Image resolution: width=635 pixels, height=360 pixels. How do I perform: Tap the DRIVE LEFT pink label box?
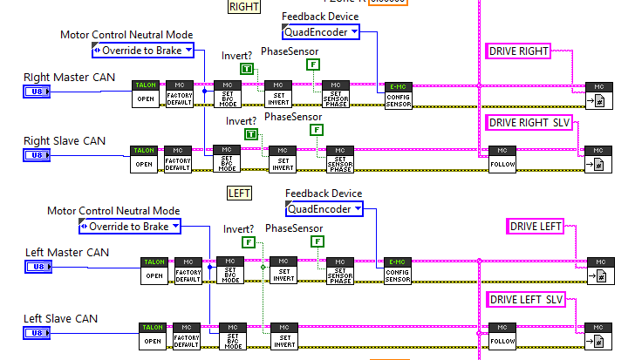536,228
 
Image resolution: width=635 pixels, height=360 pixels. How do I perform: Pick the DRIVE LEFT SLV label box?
527,300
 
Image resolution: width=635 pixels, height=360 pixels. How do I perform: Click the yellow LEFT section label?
239,193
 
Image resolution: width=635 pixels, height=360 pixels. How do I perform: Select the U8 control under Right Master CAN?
38,92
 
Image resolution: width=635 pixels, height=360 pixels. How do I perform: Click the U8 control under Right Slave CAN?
38,155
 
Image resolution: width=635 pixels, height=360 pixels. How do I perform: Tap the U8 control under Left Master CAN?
38,268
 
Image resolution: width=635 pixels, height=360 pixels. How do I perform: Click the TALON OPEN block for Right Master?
145,93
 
